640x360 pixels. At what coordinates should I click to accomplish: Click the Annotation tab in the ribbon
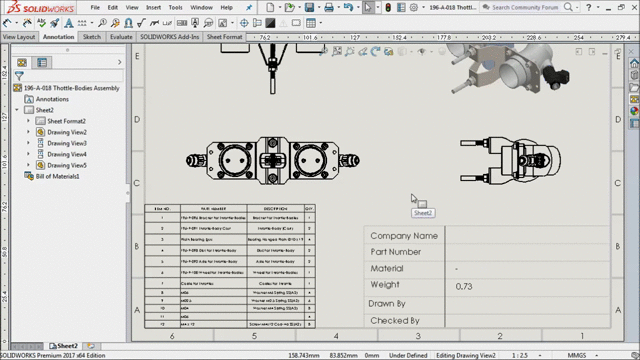58,37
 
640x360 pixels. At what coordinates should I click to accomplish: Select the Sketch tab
91,37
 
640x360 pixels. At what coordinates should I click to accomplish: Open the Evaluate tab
121,37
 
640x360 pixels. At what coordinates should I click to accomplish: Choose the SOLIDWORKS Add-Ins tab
170,37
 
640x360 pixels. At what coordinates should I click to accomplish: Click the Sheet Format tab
225,37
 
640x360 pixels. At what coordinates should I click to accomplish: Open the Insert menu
153,7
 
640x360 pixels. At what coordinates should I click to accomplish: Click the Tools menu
176,7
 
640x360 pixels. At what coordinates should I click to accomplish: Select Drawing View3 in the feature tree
67,143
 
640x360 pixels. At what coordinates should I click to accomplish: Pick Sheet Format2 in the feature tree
66,121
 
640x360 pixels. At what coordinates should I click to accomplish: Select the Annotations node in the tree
52,99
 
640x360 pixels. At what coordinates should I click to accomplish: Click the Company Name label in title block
403,236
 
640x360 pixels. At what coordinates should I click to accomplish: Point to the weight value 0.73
464,286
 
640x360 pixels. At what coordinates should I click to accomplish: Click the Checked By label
394,321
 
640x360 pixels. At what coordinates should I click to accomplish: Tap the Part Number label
396,252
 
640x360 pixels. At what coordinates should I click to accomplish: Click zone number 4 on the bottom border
336,336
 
